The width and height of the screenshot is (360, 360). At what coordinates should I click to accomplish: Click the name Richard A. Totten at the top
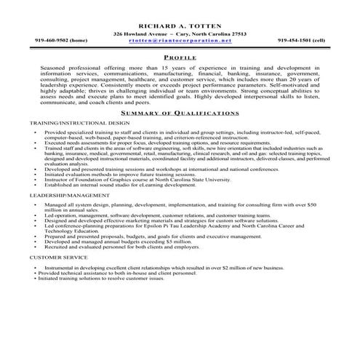[179, 24]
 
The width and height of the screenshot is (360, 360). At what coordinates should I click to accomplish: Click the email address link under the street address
[180, 40]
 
